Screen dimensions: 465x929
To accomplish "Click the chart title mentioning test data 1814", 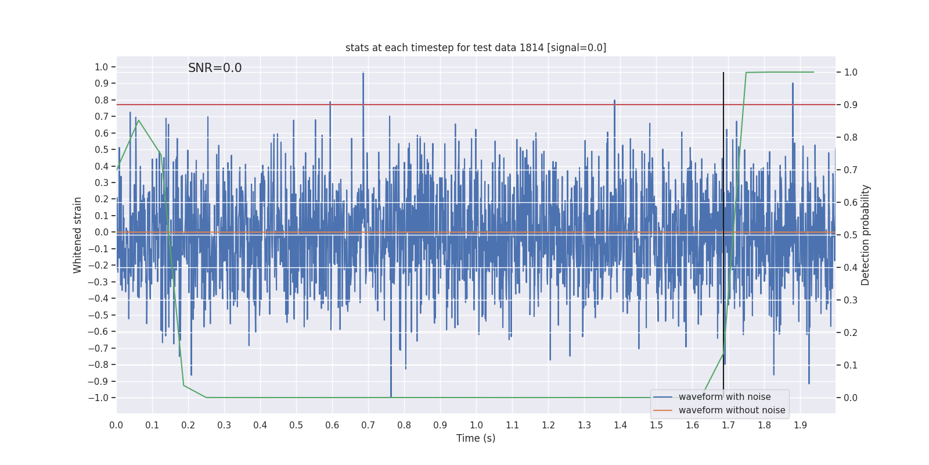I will [476, 48].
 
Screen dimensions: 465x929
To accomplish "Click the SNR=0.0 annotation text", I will [215, 68].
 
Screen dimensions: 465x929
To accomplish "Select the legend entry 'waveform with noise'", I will [725, 397].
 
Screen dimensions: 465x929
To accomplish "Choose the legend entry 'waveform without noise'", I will [732, 410].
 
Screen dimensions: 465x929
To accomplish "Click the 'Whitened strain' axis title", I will [78, 235].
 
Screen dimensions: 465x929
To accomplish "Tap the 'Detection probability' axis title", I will [866, 235].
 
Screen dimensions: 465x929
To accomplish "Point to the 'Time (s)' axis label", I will [476, 438].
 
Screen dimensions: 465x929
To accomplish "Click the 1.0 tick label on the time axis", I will [476, 425].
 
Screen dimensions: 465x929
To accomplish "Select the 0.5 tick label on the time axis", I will [296, 425].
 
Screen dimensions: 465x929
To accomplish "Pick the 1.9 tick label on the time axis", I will [800, 425].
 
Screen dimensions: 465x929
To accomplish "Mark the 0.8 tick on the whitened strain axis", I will [102, 100].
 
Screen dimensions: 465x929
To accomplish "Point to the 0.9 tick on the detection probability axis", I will [851, 105].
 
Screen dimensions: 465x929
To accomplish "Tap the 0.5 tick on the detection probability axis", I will [851, 235].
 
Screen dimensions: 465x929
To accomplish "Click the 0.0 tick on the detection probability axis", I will [851, 398].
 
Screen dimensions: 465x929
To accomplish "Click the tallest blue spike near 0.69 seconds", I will [363, 74].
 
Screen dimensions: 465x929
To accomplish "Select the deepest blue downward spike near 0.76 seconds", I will [391, 395].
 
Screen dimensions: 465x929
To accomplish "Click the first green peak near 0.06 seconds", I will [138, 120].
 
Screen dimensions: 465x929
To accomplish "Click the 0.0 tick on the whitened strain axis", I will [102, 233].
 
